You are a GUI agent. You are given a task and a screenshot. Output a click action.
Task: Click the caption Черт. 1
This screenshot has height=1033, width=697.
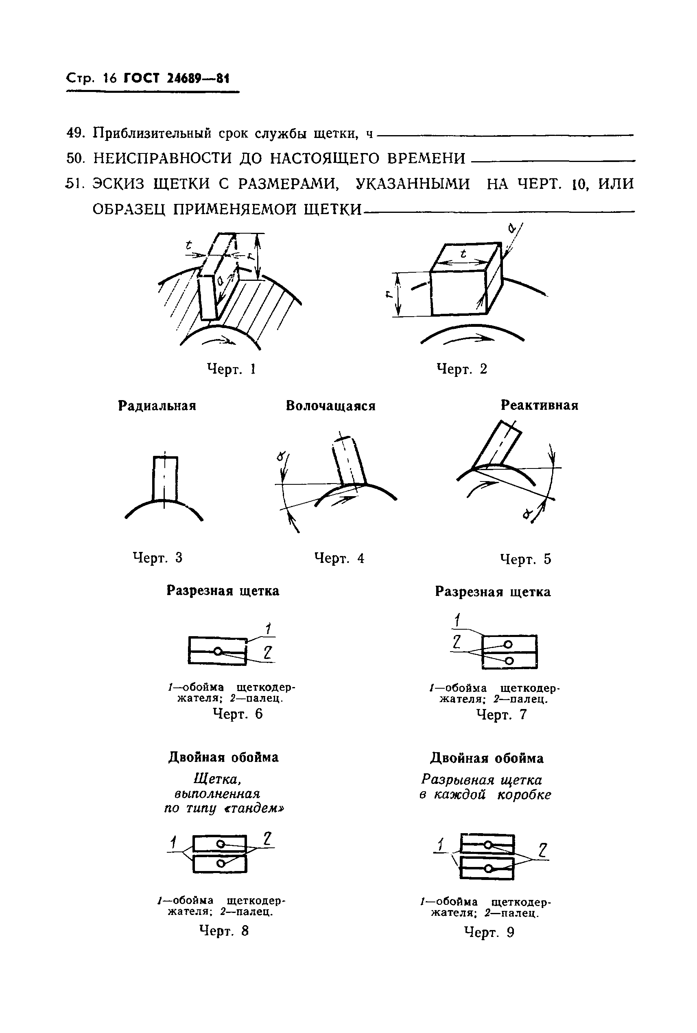(x=231, y=369)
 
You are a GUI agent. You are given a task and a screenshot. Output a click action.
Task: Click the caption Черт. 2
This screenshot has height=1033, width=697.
(x=461, y=369)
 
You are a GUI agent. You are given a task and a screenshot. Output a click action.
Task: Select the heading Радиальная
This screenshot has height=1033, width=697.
(x=157, y=406)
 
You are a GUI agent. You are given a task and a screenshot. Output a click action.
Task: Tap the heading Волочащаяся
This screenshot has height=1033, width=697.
(x=330, y=406)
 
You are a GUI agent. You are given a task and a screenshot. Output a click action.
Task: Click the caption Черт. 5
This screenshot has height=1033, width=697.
(x=526, y=559)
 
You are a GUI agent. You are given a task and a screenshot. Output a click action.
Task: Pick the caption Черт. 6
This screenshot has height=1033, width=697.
(x=238, y=714)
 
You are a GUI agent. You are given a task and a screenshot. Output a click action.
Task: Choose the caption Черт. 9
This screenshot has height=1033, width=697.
(x=489, y=932)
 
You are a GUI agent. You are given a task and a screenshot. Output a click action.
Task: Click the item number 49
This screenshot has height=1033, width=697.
(x=76, y=133)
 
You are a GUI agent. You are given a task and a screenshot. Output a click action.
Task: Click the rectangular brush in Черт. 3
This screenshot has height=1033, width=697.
(x=165, y=478)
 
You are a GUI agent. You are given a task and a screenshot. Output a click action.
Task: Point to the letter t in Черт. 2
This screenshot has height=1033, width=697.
(x=463, y=254)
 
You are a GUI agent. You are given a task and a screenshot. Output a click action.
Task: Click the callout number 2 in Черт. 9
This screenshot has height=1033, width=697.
(x=542, y=850)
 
